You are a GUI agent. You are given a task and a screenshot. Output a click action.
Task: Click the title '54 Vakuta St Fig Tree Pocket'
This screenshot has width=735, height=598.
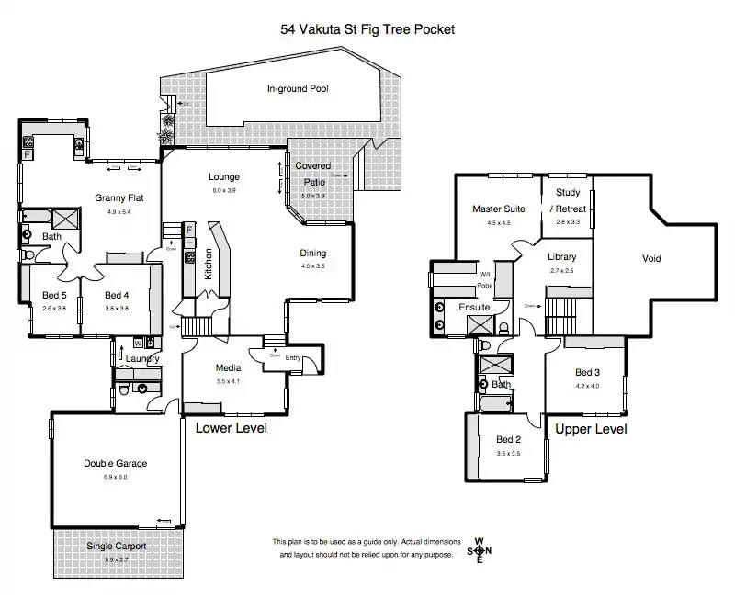point(367,28)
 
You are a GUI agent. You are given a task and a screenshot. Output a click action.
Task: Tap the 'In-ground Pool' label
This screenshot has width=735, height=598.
point(298,89)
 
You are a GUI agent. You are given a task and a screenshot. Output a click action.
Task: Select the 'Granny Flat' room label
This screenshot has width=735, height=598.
point(119,197)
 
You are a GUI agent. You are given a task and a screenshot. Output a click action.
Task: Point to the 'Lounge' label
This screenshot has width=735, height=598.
point(224,177)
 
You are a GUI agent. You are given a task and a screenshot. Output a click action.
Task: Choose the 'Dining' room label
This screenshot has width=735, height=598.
point(313,254)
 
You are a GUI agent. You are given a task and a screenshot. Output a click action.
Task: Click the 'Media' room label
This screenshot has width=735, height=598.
point(228,368)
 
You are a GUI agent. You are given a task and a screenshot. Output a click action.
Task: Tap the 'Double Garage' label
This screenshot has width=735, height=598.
point(115,464)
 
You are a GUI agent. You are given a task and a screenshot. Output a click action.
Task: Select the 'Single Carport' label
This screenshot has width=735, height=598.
point(116,547)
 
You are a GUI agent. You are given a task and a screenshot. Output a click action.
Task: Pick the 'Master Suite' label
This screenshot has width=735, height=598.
point(499,209)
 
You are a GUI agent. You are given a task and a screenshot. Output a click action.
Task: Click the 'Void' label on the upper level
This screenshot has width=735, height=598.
point(651,259)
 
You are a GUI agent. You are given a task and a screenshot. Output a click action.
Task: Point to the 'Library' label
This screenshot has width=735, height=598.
point(562,257)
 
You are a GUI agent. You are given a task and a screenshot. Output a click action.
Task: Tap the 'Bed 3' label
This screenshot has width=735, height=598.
point(588,372)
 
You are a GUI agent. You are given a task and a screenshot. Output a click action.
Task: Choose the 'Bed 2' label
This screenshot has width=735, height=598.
point(509,440)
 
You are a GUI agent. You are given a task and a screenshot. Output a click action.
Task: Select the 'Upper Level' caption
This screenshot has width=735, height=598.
point(591,429)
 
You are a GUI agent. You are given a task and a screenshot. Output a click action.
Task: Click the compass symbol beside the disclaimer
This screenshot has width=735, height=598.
point(479,550)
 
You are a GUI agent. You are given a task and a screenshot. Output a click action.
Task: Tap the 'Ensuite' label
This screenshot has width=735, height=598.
point(474,308)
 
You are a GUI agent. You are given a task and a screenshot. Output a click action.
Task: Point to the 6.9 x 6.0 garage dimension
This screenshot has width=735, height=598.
point(115,477)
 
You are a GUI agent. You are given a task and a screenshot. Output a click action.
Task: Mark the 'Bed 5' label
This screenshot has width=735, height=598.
point(53,295)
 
